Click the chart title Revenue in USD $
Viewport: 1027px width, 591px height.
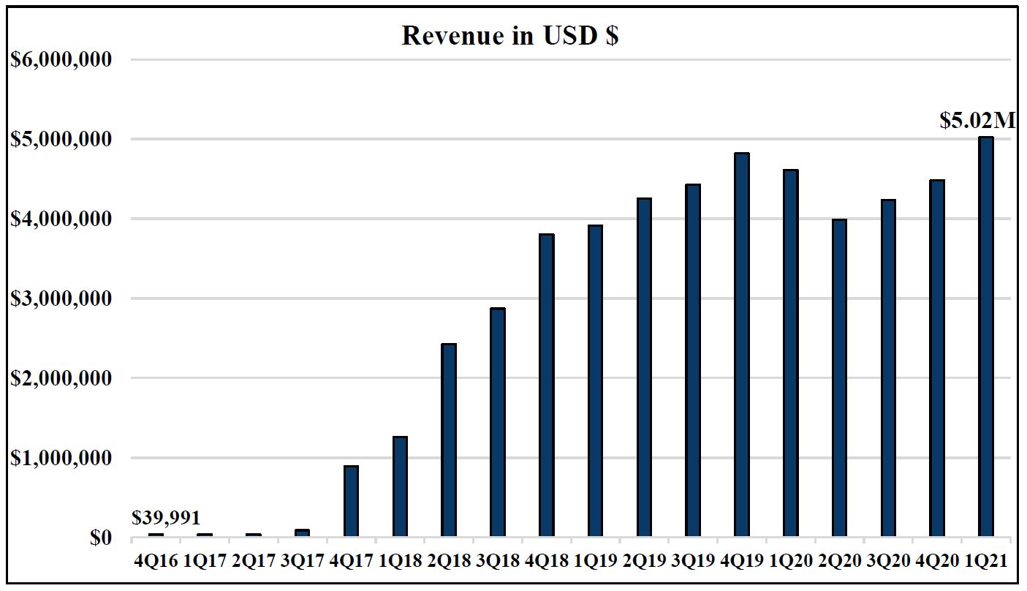pyautogui.click(x=510, y=36)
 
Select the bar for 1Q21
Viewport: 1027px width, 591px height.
pyautogui.click(x=985, y=337)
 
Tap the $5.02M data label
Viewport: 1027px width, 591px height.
pyautogui.click(x=977, y=120)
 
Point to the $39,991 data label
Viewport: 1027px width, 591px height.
pyautogui.click(x=166, y=518)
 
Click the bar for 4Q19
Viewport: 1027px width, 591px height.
pyautogui.click(x=741, y=345)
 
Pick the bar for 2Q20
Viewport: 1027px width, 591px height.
pyautogui.click(x=839, y=378)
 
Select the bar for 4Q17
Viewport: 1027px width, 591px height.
pyautogui.click(x=351, y=502)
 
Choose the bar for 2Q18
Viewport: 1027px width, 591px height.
pyautogui.click(x=449, y=440)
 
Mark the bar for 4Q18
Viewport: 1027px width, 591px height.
pyautogui.click(x=546, y=385)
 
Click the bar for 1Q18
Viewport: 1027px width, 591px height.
pyautogui.click(x=400, y=487)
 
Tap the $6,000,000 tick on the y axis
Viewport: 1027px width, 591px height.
pyautogui.click(x=61, y=59)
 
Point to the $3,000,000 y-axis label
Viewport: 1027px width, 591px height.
pyautogui.click(x=61, y=298)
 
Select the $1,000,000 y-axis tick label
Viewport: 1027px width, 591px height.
pyautogui.click(x=61, y=458)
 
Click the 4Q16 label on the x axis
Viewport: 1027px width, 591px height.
pyautogui.click(x=156, y=562)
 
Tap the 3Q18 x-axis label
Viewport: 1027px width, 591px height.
pyautogui.click(x=497, y=562)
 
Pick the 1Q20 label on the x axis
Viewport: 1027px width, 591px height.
pyautogui.click(x=790, y=562)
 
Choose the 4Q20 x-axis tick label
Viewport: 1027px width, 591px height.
pyautogui.click(x=936, y=562)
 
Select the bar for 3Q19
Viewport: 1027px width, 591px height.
pyautogui.click(x=692, y=361)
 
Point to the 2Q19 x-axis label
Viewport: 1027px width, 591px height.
pyautogui.click(x=643, y=562)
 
